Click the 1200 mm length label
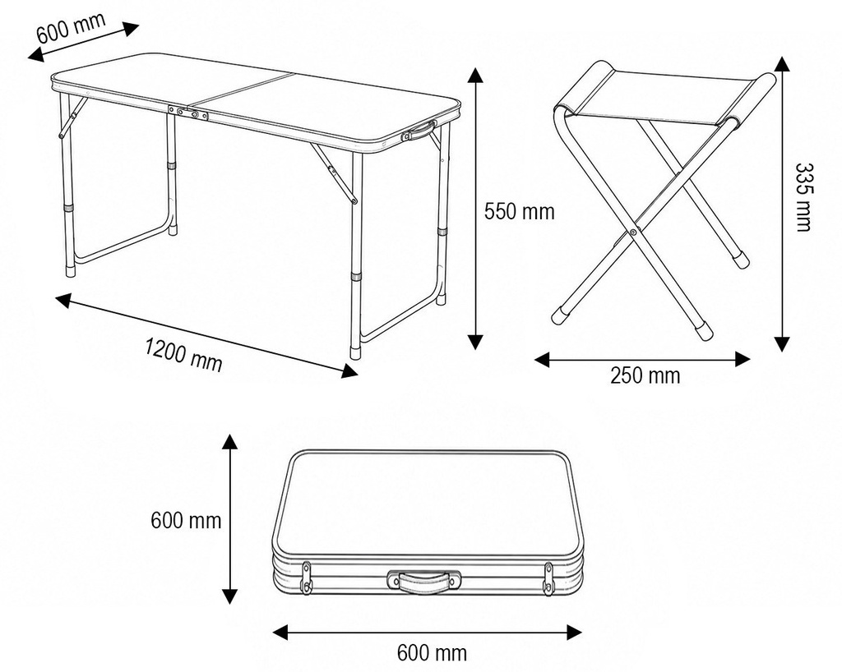pos(183,355)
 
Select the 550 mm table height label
pos(519,211)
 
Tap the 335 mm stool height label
pos(803,197)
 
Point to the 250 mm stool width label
pos(645,375)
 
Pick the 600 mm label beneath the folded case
pos(432,652)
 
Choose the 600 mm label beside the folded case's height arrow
pos(186,520)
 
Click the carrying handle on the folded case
pos(423,582)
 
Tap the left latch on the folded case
pos(307,578)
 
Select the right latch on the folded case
pos(548,578)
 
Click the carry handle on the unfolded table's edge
pos(419,131)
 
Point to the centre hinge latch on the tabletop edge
pos(188,113)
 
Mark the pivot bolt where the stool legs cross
pos(634,232)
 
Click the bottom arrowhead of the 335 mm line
pos(783,344)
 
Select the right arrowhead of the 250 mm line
pos(743,359)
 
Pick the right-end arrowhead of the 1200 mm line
pos(349,371)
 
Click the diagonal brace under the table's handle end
pos(334,173)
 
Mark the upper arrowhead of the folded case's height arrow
pos(230,443)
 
